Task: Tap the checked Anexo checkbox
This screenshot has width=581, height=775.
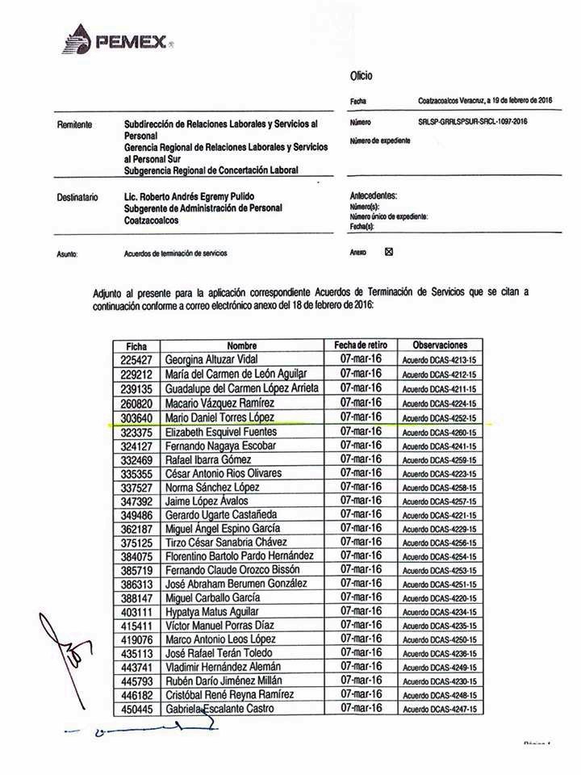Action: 389,252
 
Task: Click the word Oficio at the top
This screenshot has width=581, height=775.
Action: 361,76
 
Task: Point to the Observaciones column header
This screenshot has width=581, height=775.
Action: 440,345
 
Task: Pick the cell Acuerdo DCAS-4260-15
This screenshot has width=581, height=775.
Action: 440,432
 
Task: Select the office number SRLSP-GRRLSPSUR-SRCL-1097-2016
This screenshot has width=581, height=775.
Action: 472,122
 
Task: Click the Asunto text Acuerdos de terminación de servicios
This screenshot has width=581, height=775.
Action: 176,253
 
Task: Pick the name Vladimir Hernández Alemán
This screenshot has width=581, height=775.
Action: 223,666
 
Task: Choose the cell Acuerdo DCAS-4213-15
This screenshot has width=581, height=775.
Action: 440,360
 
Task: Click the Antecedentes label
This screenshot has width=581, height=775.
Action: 373,195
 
